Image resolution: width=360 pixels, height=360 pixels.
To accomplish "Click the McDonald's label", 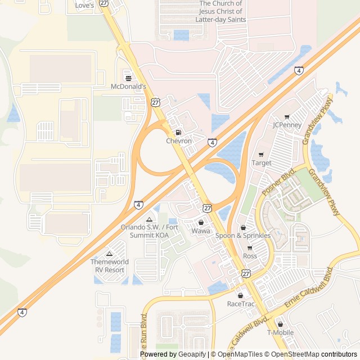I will click(128, 87).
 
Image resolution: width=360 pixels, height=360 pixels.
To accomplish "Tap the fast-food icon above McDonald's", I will click(128, 78).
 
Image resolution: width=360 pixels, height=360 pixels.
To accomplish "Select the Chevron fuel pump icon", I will click(179, 132).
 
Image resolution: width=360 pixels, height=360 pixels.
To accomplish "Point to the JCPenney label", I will click(287, 125).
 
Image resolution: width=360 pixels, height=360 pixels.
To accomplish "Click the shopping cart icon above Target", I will click(261, 155).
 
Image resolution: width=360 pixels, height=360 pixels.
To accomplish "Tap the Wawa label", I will click(201, 231).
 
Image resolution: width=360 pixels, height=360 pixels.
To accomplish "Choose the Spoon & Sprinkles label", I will click(243, 236).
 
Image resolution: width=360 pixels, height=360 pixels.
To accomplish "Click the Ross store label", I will click(250, 256).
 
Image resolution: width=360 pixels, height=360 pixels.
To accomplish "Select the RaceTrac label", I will click(241, 304).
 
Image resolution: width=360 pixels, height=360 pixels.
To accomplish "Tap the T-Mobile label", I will click(280, 332).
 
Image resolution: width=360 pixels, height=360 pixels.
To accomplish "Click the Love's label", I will click(84, 6).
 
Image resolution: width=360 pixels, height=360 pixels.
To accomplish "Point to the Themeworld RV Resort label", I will click(109, 265).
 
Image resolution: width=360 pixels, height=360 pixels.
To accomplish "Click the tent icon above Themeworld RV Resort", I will click(109, 254).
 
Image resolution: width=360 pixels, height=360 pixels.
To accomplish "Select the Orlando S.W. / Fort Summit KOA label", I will click(145, 231).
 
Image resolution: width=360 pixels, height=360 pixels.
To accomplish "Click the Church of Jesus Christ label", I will click(220, 11).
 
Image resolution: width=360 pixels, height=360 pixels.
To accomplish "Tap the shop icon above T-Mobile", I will click(280, 324).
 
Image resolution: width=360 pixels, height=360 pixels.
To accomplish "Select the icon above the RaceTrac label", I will click(241, 295).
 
